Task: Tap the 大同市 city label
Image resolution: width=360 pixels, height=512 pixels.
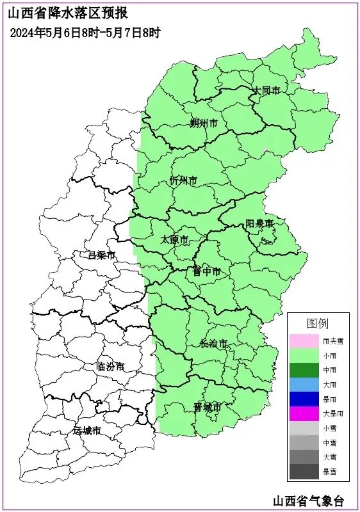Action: pos(266,91)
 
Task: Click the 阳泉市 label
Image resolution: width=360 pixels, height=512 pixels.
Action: pos(259,223)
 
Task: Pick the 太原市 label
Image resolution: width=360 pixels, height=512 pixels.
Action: pos(174,240)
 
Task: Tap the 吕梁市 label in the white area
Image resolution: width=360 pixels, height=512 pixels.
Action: pos(101,255)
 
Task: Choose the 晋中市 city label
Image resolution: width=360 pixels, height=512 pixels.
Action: pos(206,272)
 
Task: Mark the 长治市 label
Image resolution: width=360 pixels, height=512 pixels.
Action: pos(213,344)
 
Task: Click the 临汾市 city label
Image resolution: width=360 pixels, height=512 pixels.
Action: pos(110,367)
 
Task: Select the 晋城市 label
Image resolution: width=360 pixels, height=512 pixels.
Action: pos(207,407)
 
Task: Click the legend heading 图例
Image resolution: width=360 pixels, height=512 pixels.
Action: pos(318,323)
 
